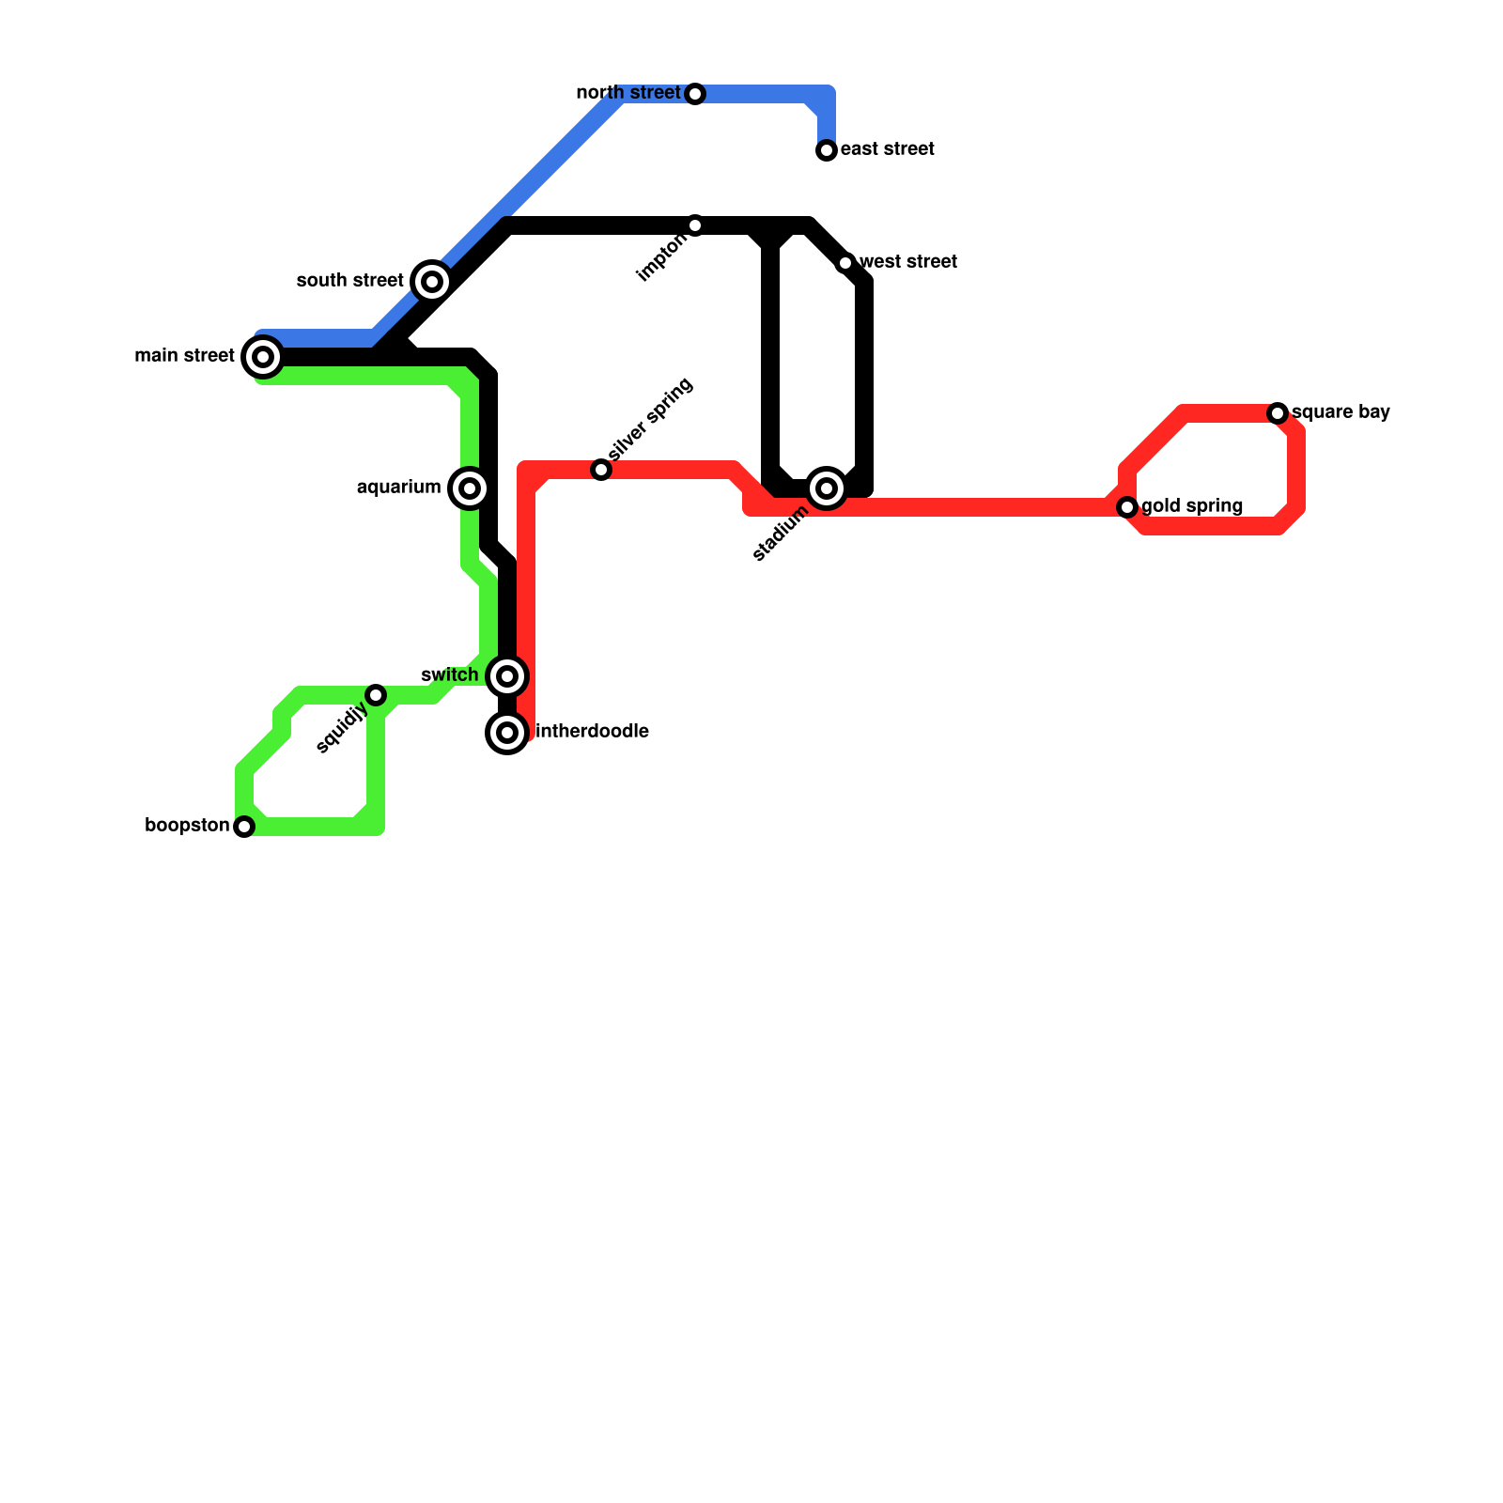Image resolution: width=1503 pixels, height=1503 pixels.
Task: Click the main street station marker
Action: pos(263,357)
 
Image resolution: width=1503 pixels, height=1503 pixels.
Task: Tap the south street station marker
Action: pos(432,282)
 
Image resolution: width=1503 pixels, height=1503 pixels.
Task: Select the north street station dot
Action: pos(695,94)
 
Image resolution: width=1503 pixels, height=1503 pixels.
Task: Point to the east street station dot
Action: pos(827,150)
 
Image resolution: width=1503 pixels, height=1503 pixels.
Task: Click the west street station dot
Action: pos(845,263)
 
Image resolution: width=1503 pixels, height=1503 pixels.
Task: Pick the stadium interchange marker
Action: pos(827,488)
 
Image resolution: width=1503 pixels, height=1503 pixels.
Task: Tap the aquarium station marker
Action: pos(470,488)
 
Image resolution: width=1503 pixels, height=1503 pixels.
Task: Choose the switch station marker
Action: pos(507,676)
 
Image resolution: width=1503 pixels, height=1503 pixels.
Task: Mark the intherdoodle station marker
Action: pos(507,733)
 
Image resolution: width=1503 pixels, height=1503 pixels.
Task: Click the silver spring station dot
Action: pos(601,470)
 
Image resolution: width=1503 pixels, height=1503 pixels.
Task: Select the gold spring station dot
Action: pos(1127,507)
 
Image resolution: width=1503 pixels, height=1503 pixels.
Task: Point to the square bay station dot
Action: pos(1278,413)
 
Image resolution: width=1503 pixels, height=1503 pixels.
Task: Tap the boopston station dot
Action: pos(244,827)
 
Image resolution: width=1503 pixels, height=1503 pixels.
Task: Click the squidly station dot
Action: pos(376,695)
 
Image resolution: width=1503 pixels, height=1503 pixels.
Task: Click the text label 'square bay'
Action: pos(1340,412)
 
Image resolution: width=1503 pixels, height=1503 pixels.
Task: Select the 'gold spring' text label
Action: pos(1192,506)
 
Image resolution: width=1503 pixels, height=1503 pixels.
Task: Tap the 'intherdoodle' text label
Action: pos(592,732)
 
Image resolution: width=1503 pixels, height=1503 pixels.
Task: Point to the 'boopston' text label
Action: pos(187,826)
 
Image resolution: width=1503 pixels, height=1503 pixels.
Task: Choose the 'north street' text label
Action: pos(628,93)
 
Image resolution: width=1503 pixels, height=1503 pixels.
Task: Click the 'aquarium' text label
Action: pos(399,488)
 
